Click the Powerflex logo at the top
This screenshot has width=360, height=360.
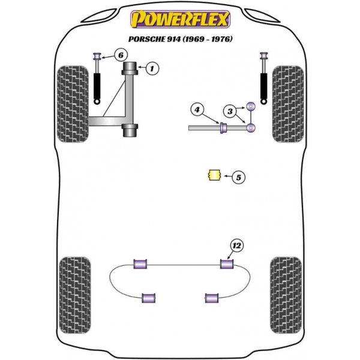point(180,19)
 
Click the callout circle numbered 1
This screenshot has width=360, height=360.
point(152,68)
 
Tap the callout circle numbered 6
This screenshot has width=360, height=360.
point(121,55)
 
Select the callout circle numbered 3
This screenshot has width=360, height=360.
point(230,112)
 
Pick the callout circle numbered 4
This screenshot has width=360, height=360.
point(197,110)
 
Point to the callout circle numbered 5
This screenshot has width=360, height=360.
point(239,177)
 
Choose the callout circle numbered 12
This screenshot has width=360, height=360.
point(237,246)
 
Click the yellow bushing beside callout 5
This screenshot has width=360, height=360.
point(214,175)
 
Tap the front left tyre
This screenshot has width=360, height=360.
point(73,104)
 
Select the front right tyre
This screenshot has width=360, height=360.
point(288,104)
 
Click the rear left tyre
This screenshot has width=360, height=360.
point(75,295)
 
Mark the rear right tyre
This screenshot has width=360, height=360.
point(286,295)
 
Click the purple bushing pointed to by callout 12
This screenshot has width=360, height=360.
point(227,264)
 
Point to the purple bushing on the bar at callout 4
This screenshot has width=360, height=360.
point(223,128)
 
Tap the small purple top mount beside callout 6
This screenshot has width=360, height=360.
point(97,56)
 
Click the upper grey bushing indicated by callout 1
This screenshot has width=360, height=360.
point(130,68)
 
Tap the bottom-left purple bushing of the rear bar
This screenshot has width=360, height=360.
point(149,298)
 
